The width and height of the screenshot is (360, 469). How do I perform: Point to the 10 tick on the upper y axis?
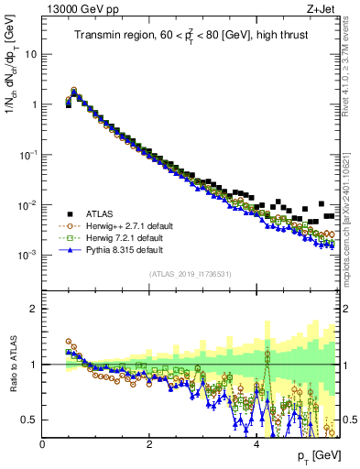[x=30, y=54]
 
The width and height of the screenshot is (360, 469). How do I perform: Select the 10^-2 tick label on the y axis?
[x=27, y=204]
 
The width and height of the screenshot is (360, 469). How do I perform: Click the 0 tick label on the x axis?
[x=42, y=444]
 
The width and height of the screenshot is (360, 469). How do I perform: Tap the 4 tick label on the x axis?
[x=256, y=444]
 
